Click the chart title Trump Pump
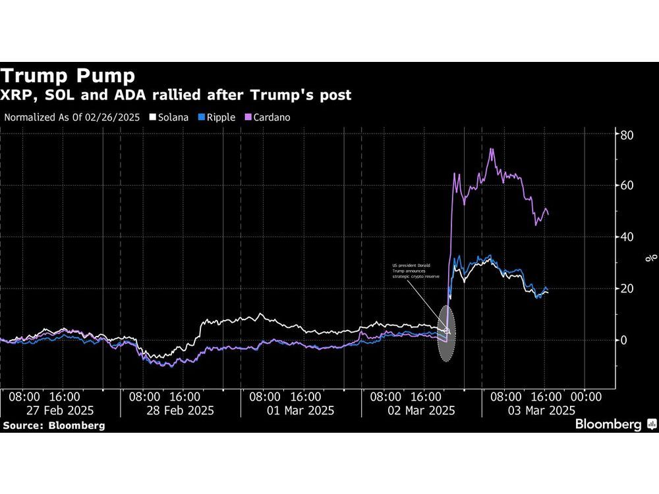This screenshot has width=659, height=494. coord(68,74)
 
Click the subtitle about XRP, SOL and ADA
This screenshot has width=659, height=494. coord(176,96)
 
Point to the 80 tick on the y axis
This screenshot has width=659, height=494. coord(626,135)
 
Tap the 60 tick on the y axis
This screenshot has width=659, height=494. coord(626,186)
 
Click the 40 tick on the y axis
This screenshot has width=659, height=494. coord(626,237)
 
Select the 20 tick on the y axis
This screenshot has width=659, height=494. coord(626,288)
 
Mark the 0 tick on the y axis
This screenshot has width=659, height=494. coord(623,340)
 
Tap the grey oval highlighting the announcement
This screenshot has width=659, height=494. coord(446,333)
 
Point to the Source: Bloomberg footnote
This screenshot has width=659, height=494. coord(53,425)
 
